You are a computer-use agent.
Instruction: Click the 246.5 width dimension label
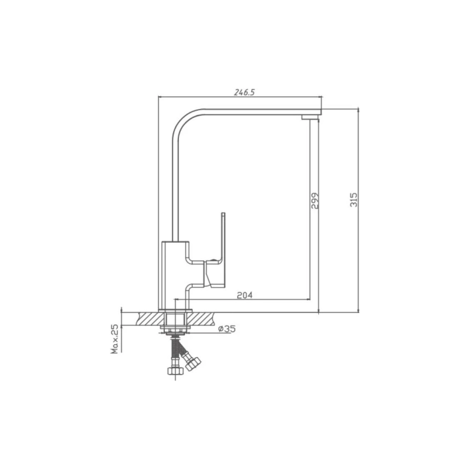[x=244, y=92]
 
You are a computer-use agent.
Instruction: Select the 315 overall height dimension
[x=354, y=199]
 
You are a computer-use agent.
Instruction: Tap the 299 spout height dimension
[x=315, y=200]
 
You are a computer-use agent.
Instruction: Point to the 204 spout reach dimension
[x=244, y=295]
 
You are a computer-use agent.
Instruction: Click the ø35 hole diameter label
[x=227, y=329]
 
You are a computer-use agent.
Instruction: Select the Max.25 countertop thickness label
[x=115, y=339]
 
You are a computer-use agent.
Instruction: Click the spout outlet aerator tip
[x=309, y=117]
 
